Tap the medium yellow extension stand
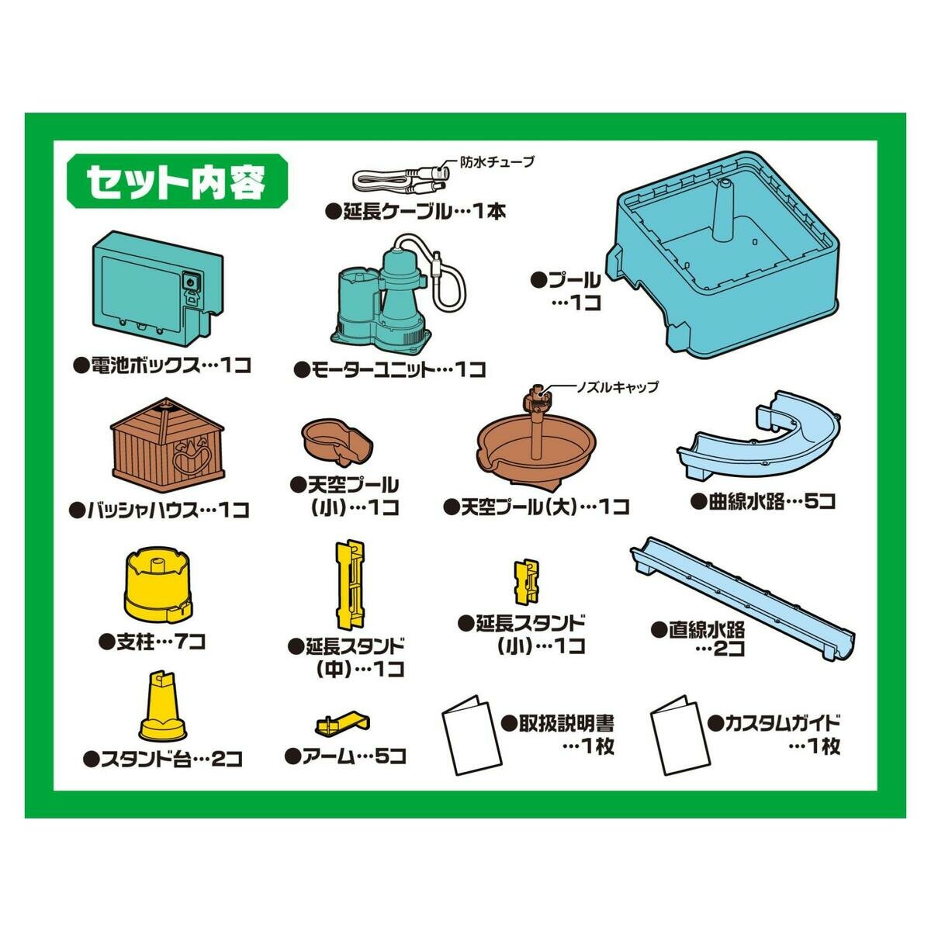coord(348,585)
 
